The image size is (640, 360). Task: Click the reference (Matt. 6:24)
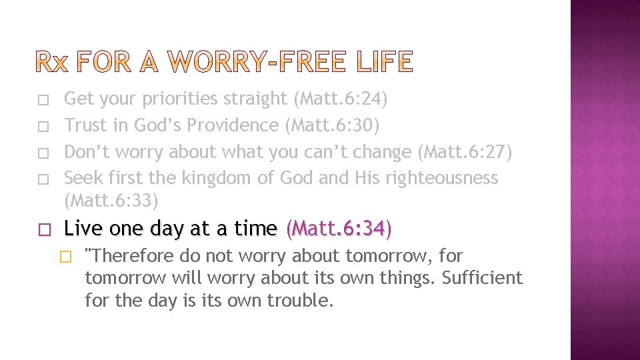pyautogui.click(x=340, y=99)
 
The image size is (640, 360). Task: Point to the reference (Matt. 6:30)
pyautogui.click(x=331, y=125)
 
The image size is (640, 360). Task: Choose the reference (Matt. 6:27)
pyautogui.click(x=465, y=152)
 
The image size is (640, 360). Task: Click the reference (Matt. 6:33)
pyautogui.click(x=111, y=199)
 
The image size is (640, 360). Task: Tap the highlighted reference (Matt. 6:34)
pyautogui.click(x=339, y=229)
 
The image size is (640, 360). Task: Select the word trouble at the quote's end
pyautogui.click(x=300, y=300)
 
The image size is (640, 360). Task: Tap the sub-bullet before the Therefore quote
pyautogui.click(x=65, y=257)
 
